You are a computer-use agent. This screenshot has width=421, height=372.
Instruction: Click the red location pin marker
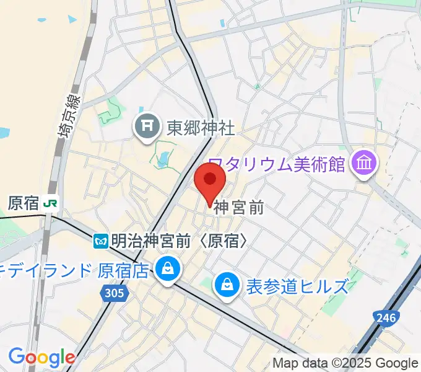tap(210, 180)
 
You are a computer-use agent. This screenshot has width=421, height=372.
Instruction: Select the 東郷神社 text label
tap(201, 128)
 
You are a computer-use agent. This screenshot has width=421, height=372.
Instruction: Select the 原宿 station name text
tap(24, 203)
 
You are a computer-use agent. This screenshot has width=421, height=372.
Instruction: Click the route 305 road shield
tap(115, 293)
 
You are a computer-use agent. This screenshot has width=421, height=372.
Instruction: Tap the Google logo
tap(41, 357)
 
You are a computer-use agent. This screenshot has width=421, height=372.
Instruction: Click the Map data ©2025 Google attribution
tap(345, 363)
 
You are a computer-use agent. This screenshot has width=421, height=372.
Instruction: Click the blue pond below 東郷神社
tap(162, 160)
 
